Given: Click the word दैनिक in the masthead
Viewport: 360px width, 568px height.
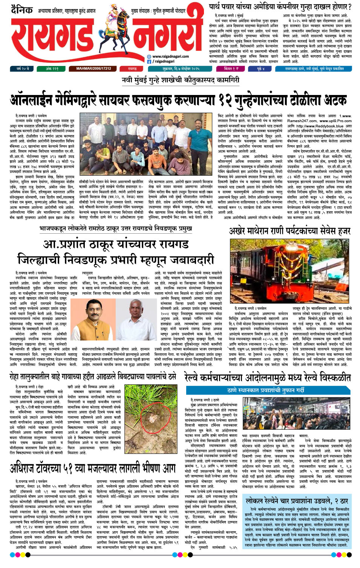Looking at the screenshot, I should pyautogui.click(x=22, y=10).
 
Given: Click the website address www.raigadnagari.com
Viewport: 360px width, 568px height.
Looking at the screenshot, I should pyautogui.click(x=170, y=56).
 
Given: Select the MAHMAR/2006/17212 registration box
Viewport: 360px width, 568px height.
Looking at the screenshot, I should pyautogui.click(x=94, y=69).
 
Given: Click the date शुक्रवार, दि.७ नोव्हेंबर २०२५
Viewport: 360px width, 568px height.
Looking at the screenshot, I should pyautogui.click(x=181, y=69).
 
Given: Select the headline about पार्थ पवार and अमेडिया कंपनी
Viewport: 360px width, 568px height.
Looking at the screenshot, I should pyautogui.click(x=280, y=7).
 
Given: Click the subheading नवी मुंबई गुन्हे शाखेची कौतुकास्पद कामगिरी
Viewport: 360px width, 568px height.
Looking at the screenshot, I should pyautogui.click(x=180, y=80).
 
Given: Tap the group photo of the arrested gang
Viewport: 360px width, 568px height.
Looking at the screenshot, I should pyautogui.click(x=147, y=145).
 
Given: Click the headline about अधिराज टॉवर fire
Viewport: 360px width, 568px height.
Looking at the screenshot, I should pyautogui.click(x=92, y=468).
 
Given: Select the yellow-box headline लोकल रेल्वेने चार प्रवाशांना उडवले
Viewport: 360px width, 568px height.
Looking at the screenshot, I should pyautogui.click(x=297, y=501).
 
